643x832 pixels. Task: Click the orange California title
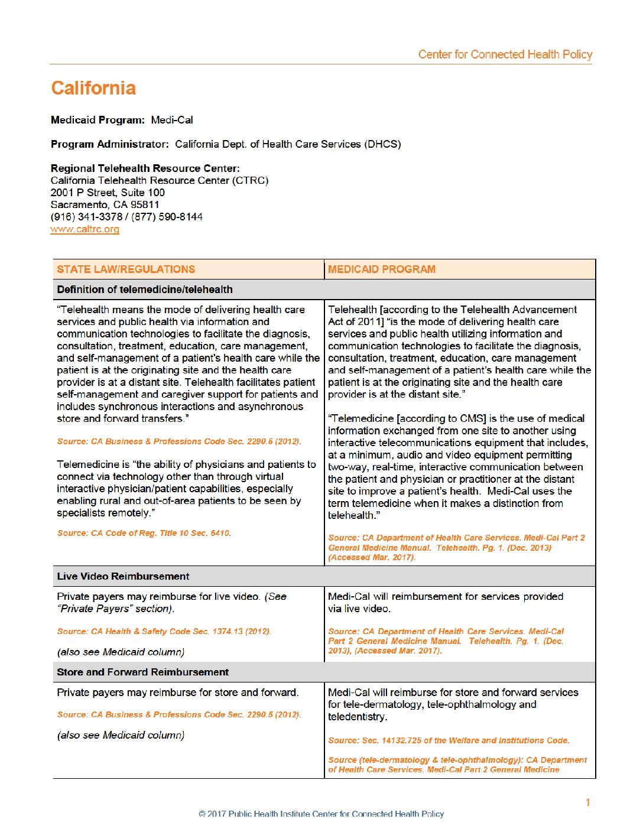click(x=93, y=88)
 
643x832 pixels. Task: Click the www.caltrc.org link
click(x=85, y=229)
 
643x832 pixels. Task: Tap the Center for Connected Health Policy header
click(x=505, y=54)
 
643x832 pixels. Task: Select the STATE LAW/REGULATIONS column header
click(x=126, y=269)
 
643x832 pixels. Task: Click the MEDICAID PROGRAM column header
click(x=382, y=269)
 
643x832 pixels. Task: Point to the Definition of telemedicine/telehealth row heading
click(x=145, y=290)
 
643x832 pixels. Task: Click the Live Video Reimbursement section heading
click(x=123, y=576)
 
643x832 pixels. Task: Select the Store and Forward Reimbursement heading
click(x=142, y=672)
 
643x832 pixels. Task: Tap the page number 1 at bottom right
click(x=587, y=802)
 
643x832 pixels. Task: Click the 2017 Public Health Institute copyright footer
click(x=321, y=814)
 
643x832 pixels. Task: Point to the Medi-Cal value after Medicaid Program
click(x=172, y=120)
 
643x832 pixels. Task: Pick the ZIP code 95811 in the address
click(x=145, y=204)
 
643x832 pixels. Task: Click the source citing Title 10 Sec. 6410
click(x=144, y=533)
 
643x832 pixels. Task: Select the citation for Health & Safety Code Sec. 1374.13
click(x=164, y=631)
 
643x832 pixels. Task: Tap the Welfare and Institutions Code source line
click(x=449, y=740)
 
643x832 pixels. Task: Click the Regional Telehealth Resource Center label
click(x=145, y=168)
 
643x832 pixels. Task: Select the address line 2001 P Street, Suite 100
click(x=108, y=193)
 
